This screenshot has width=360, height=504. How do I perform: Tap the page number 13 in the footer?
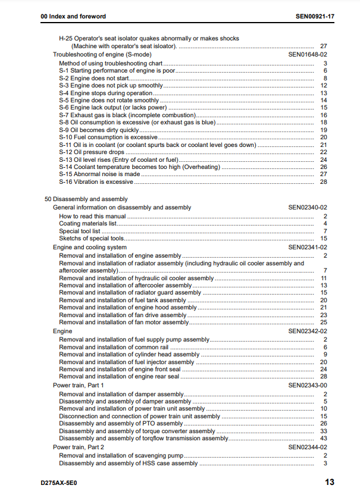click(329, 483)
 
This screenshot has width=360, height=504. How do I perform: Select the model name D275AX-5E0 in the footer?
click(60, 483)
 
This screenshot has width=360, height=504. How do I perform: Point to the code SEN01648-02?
click(308, 54)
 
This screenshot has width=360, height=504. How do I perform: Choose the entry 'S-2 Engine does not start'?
click(94, 78)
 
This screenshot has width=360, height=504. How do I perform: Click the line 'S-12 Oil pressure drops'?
click(92, 152)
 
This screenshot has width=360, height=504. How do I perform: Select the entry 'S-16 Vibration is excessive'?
click(96, 181)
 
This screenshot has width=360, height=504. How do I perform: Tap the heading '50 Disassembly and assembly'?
click(86, 199)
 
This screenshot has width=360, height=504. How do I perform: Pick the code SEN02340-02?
click(308, 207)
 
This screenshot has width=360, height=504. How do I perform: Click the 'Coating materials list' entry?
click(87, 224)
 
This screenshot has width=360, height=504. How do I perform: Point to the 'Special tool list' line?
click(80, 231)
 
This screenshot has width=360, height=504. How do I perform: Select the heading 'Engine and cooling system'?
click(90, 247)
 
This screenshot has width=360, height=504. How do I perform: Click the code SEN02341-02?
click(308, 247)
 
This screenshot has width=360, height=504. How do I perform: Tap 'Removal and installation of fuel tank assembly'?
click(123, 300)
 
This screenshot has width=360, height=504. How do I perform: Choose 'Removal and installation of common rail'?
click(114, 347)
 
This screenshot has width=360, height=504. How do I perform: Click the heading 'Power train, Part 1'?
click(78, 386)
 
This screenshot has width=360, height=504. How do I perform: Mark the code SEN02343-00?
click(308, 386)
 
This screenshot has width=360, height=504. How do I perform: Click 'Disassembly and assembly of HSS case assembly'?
click(129, 463)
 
